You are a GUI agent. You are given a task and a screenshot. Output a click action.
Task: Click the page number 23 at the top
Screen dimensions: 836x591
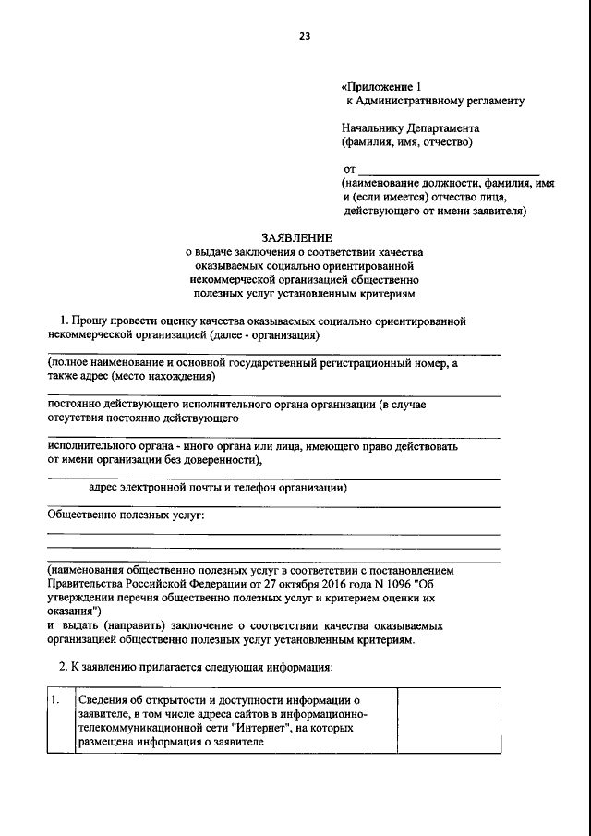[304, 36]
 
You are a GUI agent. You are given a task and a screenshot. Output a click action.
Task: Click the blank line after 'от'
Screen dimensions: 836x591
[448, 170]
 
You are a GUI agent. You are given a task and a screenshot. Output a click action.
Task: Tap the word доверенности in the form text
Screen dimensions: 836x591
[223, 459]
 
